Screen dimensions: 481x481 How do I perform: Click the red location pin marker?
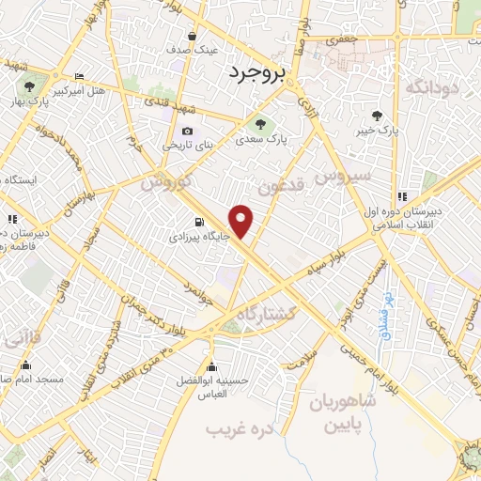click(x=242, y=222)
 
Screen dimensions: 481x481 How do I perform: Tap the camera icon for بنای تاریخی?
click(x=187, y=131)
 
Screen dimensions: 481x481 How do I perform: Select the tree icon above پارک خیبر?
click(x=377, y=116)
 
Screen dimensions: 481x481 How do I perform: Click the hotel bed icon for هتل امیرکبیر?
click(x=79, y=77)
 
